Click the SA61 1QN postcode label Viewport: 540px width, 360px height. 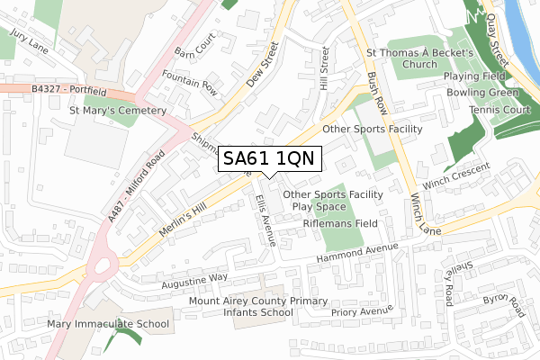(267, 159)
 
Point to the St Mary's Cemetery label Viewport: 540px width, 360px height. (119, 111)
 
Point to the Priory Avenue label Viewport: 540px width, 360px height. (363, 311)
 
